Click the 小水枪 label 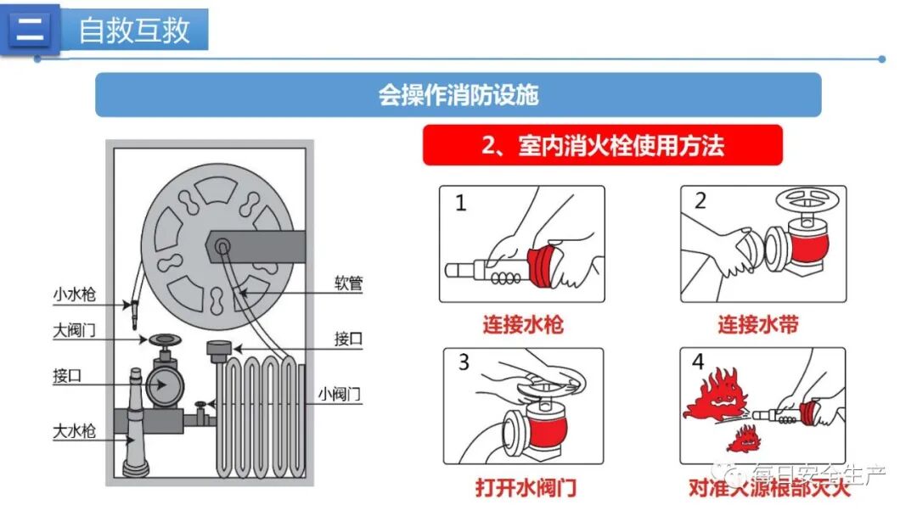click(x=75, y=294)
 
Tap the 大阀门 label click(x=75, y=331)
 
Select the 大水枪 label click(x=75, y=431)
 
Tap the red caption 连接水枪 click(x=522, y=324)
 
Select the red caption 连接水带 click(x=758, y=324)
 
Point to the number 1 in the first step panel click(x=461, y=203)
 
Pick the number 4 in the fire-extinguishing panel click(x=698, y=362)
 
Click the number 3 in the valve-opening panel click(x=464, y=362)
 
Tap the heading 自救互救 click(x=134, y=31)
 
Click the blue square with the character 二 click(x=31, y=30)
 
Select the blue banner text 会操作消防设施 click(x=458, y=94)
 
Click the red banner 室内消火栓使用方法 click(x=602, y=145)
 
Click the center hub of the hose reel click(x=222, y=246)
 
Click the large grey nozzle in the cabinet click(x=136, y=424)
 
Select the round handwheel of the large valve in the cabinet click(x=161, y=340)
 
